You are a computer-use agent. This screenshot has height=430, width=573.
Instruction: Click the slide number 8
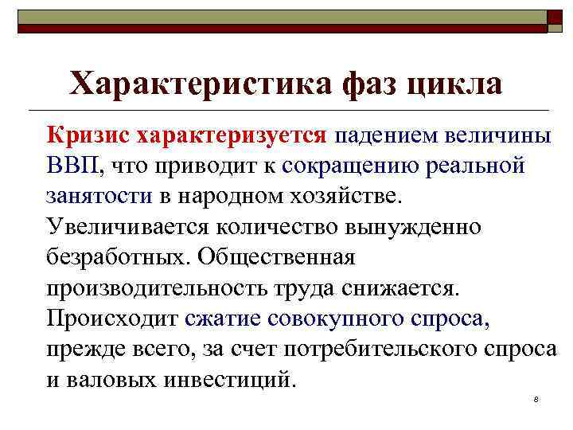click(537, 398)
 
